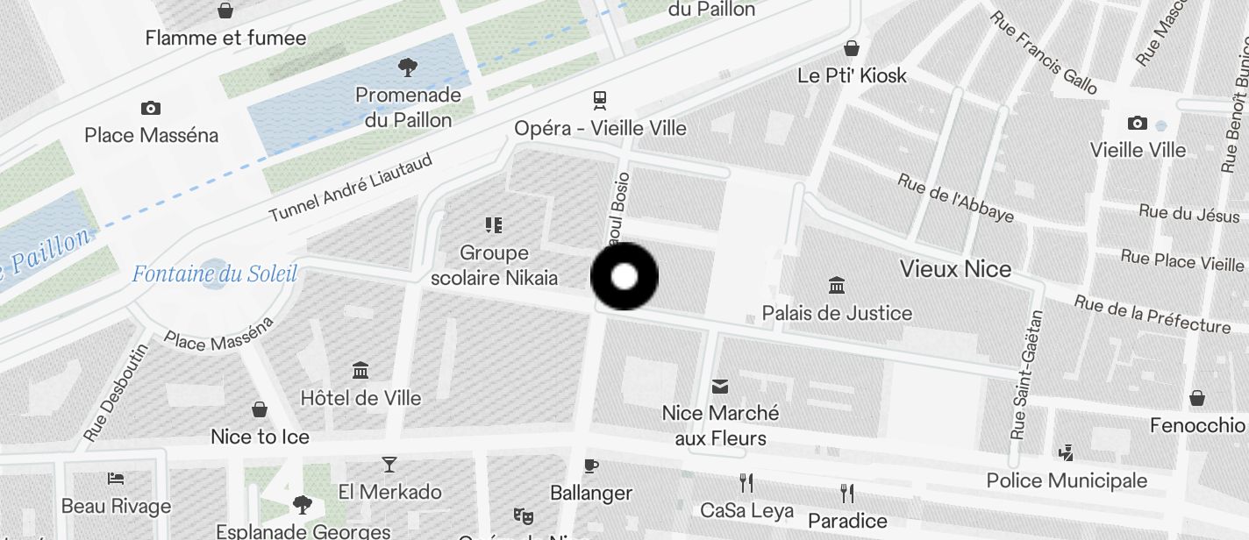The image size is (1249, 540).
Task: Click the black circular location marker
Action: [x=624, y=277]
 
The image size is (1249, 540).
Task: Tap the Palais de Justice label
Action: [x=837, y=313]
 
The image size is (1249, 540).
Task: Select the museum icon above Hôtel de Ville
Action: [x=360, y=370]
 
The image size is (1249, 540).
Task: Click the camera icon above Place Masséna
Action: [x=151, y=109]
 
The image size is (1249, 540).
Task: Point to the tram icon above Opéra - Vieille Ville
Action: [x=600, y=100]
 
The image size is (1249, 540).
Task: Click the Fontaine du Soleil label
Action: [x=214, y=274]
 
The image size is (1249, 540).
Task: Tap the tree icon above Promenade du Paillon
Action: [x=407, y=67]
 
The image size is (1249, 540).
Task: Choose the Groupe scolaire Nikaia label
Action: [x=494, y=266]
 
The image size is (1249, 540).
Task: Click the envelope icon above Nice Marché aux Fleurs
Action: [x=720, y=386]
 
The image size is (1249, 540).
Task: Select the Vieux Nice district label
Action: [x=955, y=269]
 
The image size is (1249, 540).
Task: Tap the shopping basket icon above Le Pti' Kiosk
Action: [x=851, y=47]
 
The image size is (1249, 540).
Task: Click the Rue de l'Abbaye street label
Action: [x=955, y=197]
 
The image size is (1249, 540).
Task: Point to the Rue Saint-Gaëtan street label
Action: [x=1025, y=374]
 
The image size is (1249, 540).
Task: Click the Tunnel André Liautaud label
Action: [x=351, y=188]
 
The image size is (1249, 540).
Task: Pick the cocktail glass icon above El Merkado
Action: [x=389, y=464]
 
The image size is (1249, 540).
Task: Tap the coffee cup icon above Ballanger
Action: [x=591, y=465]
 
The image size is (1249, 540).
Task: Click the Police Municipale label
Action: [x=1067, y=480]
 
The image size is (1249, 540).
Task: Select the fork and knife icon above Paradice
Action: [x=847, y=493]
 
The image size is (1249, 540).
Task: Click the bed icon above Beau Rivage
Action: [x=116, y=479]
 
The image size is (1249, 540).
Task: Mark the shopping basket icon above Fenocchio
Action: [x=1197, y=399]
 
